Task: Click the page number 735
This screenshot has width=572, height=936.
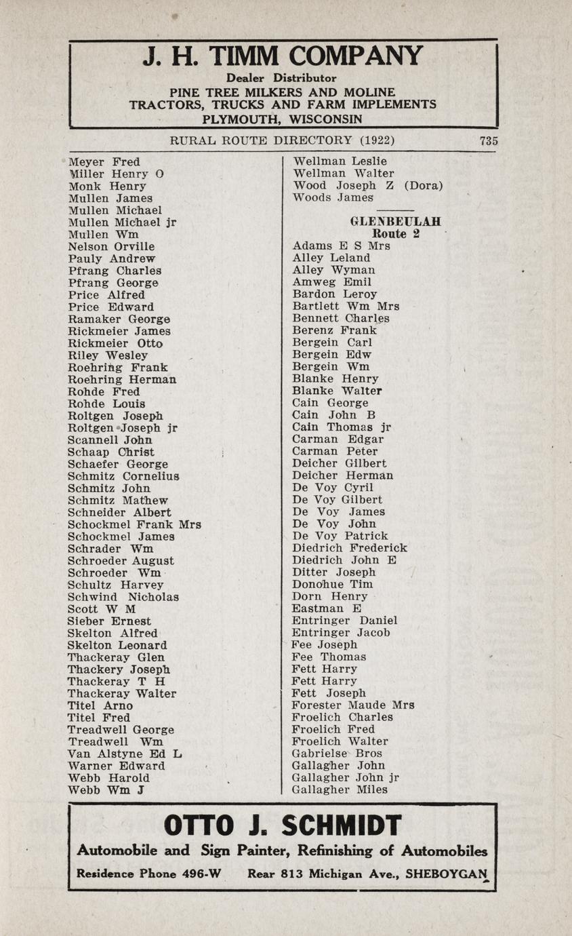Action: coord(488,141)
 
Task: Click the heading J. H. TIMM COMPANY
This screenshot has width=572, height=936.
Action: coord(283,56)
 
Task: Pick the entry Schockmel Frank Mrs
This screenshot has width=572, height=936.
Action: coord(134,524)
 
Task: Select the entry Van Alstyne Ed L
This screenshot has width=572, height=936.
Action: coord(125,754)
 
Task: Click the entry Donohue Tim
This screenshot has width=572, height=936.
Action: coord(332,584)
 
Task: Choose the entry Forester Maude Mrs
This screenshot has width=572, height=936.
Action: coord(353,705)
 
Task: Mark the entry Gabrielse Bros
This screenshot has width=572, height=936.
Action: coord(337,754)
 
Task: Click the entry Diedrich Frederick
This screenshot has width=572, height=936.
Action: coord(349,548)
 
